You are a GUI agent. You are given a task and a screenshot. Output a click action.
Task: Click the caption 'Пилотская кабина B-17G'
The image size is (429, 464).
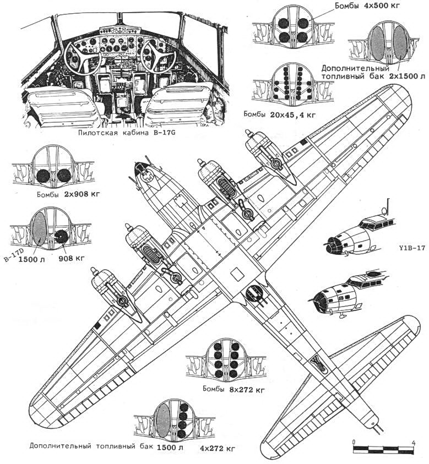(x=127, y=133)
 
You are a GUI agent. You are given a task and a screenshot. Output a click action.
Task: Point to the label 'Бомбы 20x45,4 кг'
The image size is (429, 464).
(x=280, y=114)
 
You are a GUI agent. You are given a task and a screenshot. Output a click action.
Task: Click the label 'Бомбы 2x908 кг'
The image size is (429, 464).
(x=68, y=194)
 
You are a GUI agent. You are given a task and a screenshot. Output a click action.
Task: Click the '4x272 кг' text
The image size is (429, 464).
(x=218, y=449)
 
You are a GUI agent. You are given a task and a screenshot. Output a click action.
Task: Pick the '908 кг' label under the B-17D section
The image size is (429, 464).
(x=71, y=258)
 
